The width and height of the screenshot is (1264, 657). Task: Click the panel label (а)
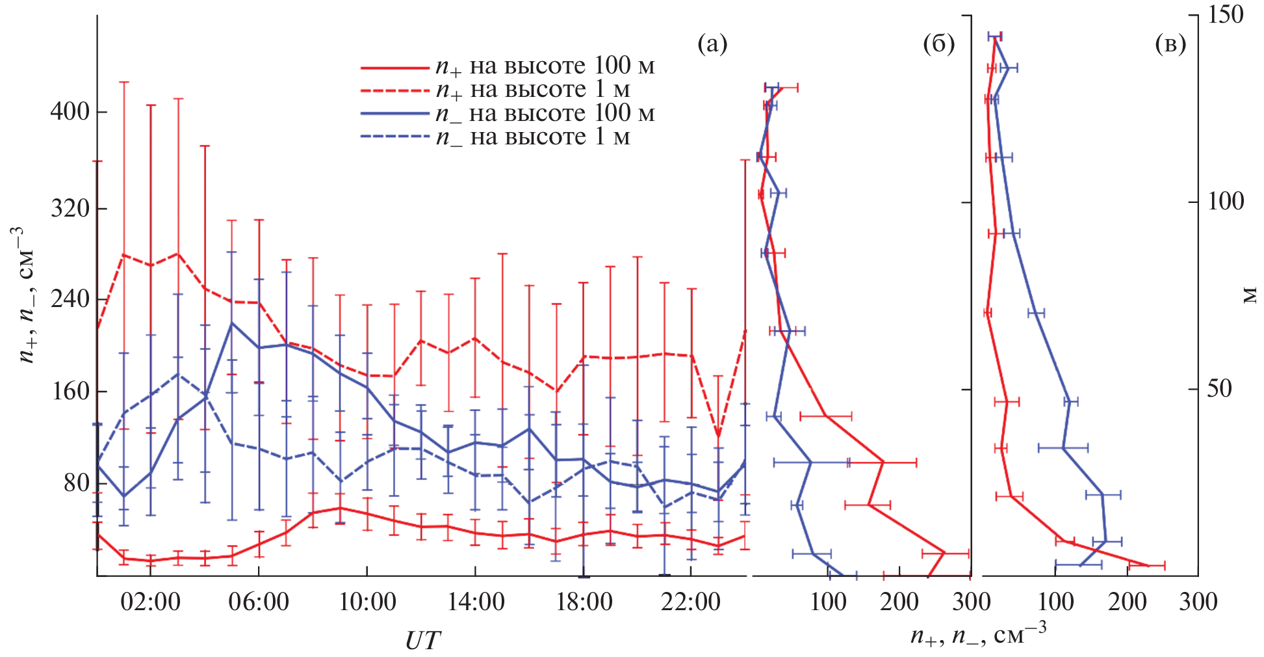[x=712, y=44]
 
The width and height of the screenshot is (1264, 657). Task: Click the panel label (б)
[x=938, y=44]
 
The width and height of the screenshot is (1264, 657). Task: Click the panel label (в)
[x=1170, y=44]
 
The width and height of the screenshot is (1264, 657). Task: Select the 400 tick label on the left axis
[x=70, y=111]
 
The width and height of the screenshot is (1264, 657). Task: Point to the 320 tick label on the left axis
[x=70, y=208]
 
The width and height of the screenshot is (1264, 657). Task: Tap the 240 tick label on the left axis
[x=70, y=299]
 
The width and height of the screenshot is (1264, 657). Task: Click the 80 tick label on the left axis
[x=76, y=483]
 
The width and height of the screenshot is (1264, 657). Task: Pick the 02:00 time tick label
[x=150, y=602]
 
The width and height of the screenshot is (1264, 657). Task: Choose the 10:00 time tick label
[x=367, y=602]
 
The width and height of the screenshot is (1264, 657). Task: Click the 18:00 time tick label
[x=584, y=602]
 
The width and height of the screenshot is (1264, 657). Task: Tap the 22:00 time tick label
[x=690, y=602]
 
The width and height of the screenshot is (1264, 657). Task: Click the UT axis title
[x=422, y=641]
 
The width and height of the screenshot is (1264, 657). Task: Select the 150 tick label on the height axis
[x=1225, y=15]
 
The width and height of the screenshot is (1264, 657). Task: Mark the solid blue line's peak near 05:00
[x=232, y=323]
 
